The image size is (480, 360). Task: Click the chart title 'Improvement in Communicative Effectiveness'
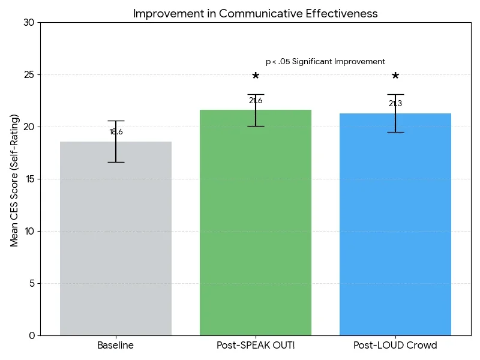point(255,13)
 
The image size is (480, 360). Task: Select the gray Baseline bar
point(116,240)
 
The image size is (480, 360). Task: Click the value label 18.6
point(116,132)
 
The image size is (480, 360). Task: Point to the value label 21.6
point(256,101)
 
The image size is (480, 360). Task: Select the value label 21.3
point(395,104)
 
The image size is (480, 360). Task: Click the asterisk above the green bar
point(256,77)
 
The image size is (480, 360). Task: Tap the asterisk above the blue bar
point(395,77)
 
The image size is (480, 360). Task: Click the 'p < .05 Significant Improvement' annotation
point(325,62)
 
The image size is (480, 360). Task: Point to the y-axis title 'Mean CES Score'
point(14,180)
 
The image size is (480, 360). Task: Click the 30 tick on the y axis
point(29,23)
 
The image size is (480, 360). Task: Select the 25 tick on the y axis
point(29,75)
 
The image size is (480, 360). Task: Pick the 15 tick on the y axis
point(29,179)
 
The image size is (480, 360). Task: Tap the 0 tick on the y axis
point(31,335)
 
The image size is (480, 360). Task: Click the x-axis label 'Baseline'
point(116,346)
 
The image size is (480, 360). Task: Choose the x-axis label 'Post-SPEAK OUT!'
point(256,346)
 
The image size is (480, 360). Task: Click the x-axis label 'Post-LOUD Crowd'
point(395,346)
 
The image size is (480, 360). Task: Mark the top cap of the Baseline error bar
point(116,121)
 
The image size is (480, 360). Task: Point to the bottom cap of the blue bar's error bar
point(395,132)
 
